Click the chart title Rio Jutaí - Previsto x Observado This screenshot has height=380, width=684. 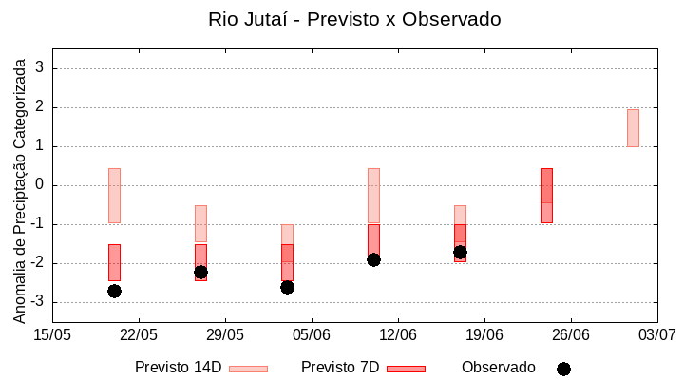click(354, 19)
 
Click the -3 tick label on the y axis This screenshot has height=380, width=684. click(38, 302)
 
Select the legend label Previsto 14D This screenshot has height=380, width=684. click(178, 368)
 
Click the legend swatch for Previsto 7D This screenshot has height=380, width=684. click(406, 369)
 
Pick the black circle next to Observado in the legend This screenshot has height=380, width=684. click(563, 369)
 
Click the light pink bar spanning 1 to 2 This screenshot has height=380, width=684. click(633, 127)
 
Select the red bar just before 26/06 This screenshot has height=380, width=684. click(546, 195)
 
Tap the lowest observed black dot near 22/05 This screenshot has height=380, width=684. click(114, 291)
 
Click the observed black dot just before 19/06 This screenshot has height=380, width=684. click(460, 252)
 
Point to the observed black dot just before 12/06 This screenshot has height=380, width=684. click(373, 259)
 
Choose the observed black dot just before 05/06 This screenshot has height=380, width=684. click(287, 287)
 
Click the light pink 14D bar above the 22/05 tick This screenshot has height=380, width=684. click(114, 195)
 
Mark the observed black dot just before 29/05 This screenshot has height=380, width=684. click(200, 272)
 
